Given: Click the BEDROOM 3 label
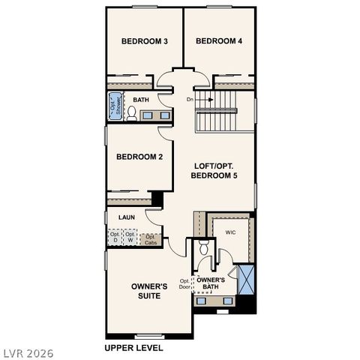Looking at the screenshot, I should (145, 41).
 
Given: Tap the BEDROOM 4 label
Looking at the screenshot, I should (219, 41).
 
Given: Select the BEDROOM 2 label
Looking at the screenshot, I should (139, 157).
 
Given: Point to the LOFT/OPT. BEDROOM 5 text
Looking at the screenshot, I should (214, 170).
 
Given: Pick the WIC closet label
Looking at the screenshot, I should (230, 232).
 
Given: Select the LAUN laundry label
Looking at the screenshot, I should (126, 217).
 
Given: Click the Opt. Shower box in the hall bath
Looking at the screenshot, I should (115, 106).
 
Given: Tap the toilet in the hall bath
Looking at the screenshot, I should (132, 113).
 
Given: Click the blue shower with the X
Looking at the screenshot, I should (246, 280).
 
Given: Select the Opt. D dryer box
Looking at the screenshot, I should (115, 238).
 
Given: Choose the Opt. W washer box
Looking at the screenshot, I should (130, 238).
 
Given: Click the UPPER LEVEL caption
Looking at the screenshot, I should (133, 348).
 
